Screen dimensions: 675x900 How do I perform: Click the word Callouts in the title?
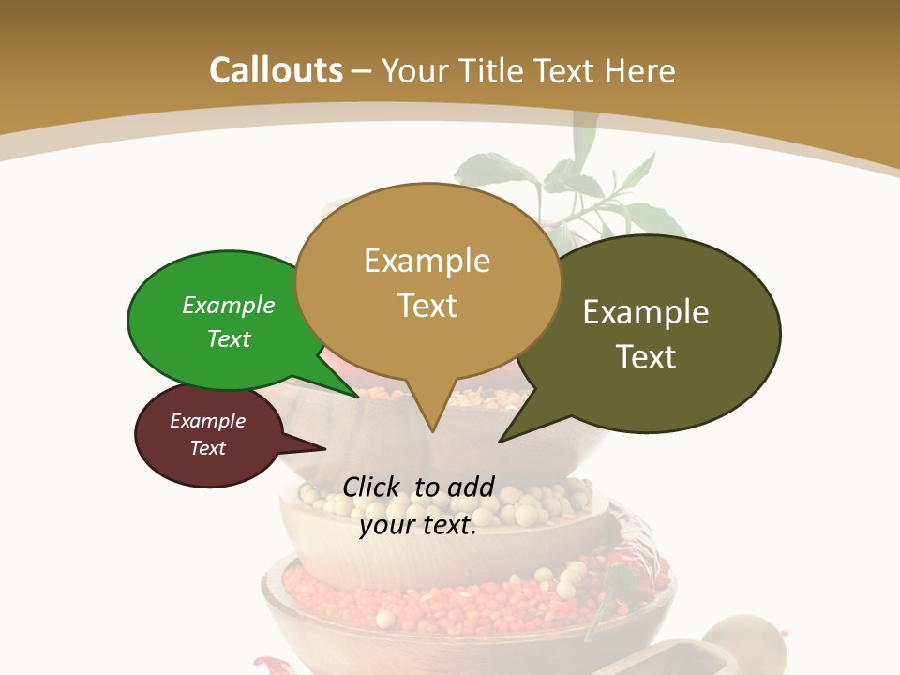pos(276,70)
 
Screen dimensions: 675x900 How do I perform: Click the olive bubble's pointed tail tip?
pos(501,441)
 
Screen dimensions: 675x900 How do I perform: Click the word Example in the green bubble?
pos(229,305)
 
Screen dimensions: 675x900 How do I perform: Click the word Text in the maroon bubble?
pos(208,448)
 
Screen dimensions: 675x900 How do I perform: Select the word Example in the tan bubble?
pos(427,261)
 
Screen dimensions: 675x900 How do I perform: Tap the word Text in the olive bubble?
pos(647,357)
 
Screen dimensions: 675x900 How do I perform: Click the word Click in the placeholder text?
pos(372,487)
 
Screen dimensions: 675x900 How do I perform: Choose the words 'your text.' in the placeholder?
pos(418,525)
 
